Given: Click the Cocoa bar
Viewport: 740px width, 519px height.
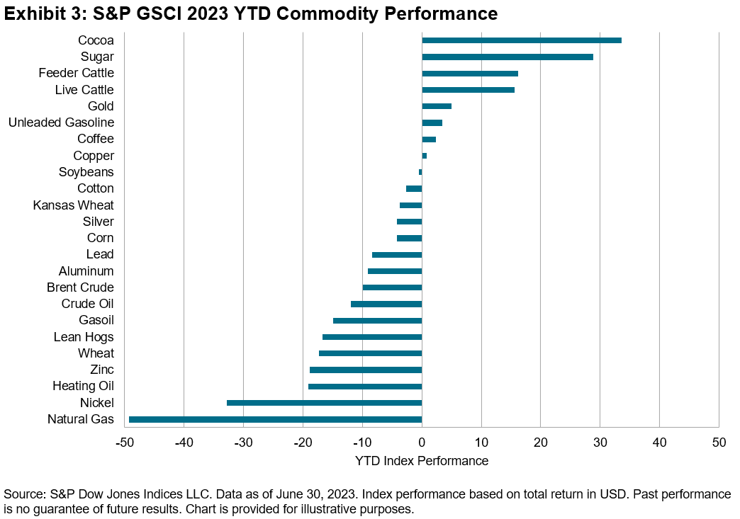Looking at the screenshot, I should point(521,40).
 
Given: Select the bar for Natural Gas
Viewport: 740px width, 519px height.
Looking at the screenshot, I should point(275,420).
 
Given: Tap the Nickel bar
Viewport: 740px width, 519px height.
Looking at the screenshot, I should point(324,403).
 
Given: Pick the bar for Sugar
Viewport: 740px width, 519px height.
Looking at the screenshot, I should point(507,57).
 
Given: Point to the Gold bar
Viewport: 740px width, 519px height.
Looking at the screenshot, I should point(436,106).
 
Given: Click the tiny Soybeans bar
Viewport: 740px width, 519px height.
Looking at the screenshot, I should point(420,172).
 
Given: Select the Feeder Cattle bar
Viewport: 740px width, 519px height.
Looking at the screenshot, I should point(469,74).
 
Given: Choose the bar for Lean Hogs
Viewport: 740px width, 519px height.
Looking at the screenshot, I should point(372,337).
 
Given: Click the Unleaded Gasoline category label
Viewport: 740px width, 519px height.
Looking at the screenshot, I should point(61,122).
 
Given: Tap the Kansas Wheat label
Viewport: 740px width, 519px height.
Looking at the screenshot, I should point(73,205).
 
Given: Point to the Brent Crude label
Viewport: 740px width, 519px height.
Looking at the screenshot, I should point(80,287).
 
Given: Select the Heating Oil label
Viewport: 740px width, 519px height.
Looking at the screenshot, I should point(83,386).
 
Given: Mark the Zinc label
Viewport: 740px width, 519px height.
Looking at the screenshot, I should point(102,370).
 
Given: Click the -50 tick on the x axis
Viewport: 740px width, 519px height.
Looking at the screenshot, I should point(125,443).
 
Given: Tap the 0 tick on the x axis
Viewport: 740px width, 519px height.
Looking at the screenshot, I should point(422,443).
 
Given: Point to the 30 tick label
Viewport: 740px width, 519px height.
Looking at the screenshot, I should point(600,443).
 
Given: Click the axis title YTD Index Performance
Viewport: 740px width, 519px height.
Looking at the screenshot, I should point(422,461).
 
